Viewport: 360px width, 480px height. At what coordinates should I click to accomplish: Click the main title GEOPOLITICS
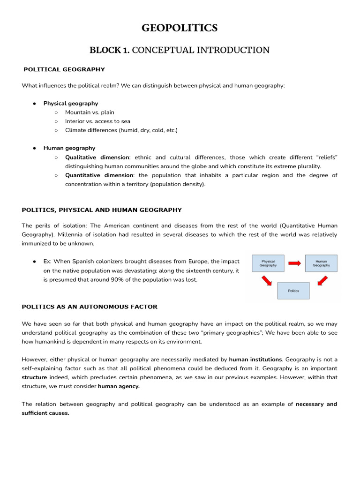point(180,29)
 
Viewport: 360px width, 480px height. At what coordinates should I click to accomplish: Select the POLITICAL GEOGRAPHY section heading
point(65,69)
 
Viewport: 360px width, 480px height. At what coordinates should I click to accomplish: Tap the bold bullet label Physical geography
point(71,104)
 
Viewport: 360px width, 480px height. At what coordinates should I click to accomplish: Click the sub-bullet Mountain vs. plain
point(90,112)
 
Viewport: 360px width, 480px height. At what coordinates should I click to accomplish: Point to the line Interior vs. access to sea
point(97,121)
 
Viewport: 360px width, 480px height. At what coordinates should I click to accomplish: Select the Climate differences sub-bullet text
point(121,130)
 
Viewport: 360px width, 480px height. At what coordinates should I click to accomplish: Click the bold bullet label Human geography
point(69,148)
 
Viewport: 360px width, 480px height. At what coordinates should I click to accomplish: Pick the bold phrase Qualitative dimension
point(97,157)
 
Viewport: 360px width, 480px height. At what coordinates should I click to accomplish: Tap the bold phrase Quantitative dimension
point(99,175)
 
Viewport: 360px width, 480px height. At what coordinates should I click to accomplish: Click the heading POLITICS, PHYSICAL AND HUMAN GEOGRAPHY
point(102,210)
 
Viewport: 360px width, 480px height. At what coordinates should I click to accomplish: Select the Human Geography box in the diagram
point(321,263)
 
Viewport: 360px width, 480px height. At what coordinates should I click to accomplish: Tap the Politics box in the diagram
point(293,291)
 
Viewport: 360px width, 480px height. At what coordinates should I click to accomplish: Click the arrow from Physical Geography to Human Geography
point(294,263)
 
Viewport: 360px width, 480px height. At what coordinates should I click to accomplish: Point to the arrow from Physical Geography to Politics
point(266,280)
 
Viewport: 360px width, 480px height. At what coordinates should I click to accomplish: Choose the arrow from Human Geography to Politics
point(322,280)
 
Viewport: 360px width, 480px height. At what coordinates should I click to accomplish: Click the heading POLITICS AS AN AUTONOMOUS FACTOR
point(90,307)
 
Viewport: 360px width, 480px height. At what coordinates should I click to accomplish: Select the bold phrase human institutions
point(255,360)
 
